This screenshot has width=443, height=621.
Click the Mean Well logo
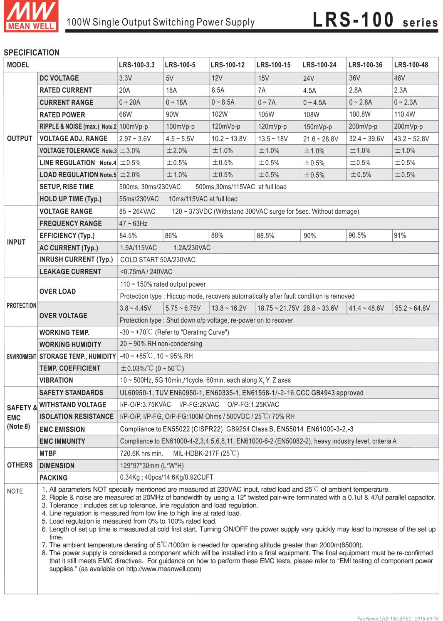click(x=31, y=16)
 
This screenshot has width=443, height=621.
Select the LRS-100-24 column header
click(x=319, y=65)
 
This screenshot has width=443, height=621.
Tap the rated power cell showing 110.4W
click(x=404, y=114)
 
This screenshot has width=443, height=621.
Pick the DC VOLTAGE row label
click(x=59, y=78)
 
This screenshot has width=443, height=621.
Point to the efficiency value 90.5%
click(x=357, y=235)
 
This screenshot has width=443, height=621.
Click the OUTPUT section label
click(x=20, y=139)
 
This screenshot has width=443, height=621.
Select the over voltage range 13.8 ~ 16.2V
click(x=229, y=308)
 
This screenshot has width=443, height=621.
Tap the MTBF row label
click(x=48, y=453)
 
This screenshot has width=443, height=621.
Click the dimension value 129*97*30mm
click(x=152, y=465)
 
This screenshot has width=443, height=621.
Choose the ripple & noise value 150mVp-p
click(x=317, y=127)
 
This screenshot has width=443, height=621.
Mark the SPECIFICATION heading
click(x=32, y=52)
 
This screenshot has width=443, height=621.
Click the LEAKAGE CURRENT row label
click(x=70, y=272)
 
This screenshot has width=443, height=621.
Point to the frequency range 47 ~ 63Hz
click(x=133, y=223)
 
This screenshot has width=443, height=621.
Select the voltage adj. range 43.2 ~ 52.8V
click(x=411, y=139)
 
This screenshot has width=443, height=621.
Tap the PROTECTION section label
click(x=21, y=306)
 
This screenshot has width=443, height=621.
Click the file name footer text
click(x=398, y=619)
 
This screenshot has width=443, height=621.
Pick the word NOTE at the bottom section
click(x=15, y=491)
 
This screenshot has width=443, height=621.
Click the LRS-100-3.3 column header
click(x=136, y=65)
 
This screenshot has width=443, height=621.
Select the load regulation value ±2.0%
click(x=130, y=175)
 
